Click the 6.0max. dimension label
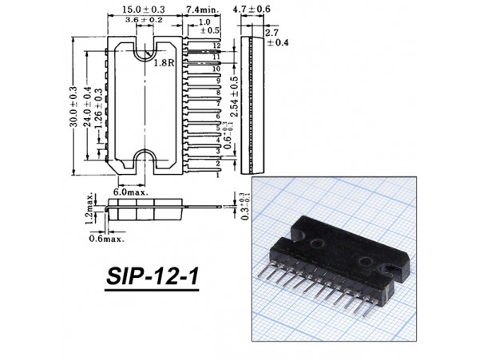tap(130, 193)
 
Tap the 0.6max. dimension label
tap(106, 238)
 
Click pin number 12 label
tap(216, 47)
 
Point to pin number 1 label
tap(216, 174)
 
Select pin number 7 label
tap(216, 105)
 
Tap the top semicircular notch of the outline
tap(145, 49)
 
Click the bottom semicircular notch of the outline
tap(145, 157)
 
